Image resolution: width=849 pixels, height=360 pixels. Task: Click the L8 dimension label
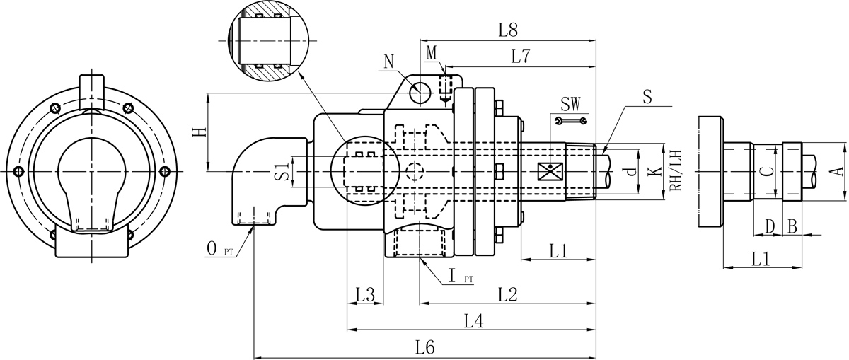click(508, 30)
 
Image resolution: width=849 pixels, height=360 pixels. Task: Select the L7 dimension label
click(521, 57)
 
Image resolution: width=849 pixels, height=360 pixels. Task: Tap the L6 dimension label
click(424, 347)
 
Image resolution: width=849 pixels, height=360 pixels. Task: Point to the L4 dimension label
click(473, 321)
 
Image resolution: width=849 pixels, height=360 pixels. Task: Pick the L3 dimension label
click(365, 294)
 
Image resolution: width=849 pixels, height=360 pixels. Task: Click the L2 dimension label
click(508, 294)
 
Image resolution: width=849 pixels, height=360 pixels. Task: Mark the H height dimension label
click(201, 132)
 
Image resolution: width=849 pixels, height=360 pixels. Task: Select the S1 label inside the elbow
click(281, 171)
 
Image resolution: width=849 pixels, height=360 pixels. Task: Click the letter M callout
click(433, 53)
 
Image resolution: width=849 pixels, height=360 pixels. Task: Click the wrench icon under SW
click(571, 122)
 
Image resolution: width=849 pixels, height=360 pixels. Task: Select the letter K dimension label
click(655, 171)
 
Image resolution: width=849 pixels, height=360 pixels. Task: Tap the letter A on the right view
click(835, 170)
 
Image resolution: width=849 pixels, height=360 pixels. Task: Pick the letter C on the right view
click(765, 171)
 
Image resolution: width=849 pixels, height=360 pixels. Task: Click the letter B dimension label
click(792, 226)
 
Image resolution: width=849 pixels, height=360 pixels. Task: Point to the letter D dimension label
click(770, 226)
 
